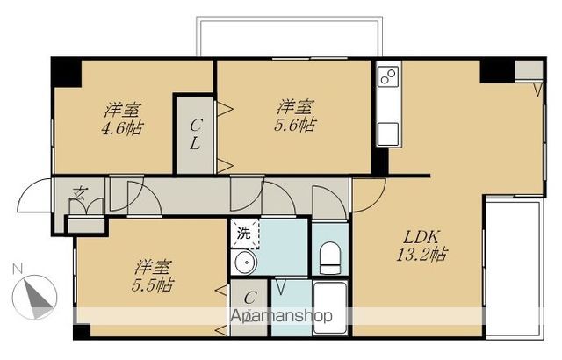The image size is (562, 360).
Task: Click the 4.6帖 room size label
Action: click(x=122, y=128)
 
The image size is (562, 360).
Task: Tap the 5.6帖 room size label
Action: click(x=295, y=125)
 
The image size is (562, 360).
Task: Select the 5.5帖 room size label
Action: click(x=153, y=285)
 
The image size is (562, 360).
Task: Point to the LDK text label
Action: click(x=421, y=237)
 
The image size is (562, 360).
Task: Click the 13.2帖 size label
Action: click(x=421, y=255)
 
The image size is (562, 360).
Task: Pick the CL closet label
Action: click(x=195, y=134)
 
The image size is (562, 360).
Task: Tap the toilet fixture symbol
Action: click(x=330, y=258)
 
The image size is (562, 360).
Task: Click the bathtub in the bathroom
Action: click(x=330, y=307)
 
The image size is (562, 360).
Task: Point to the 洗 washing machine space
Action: click(x=244, y=234)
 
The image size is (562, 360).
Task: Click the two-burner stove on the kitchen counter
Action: click(x=389, y=76)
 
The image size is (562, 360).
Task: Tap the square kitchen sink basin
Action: click(x=388, y=133)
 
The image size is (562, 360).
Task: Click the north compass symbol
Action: click(x=34, y=297)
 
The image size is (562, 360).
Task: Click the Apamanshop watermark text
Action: click(x=281, y=316)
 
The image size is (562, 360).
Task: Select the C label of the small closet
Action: click(x=249, y=298)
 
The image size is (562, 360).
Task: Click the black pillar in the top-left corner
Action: click(x=67, y=73)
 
